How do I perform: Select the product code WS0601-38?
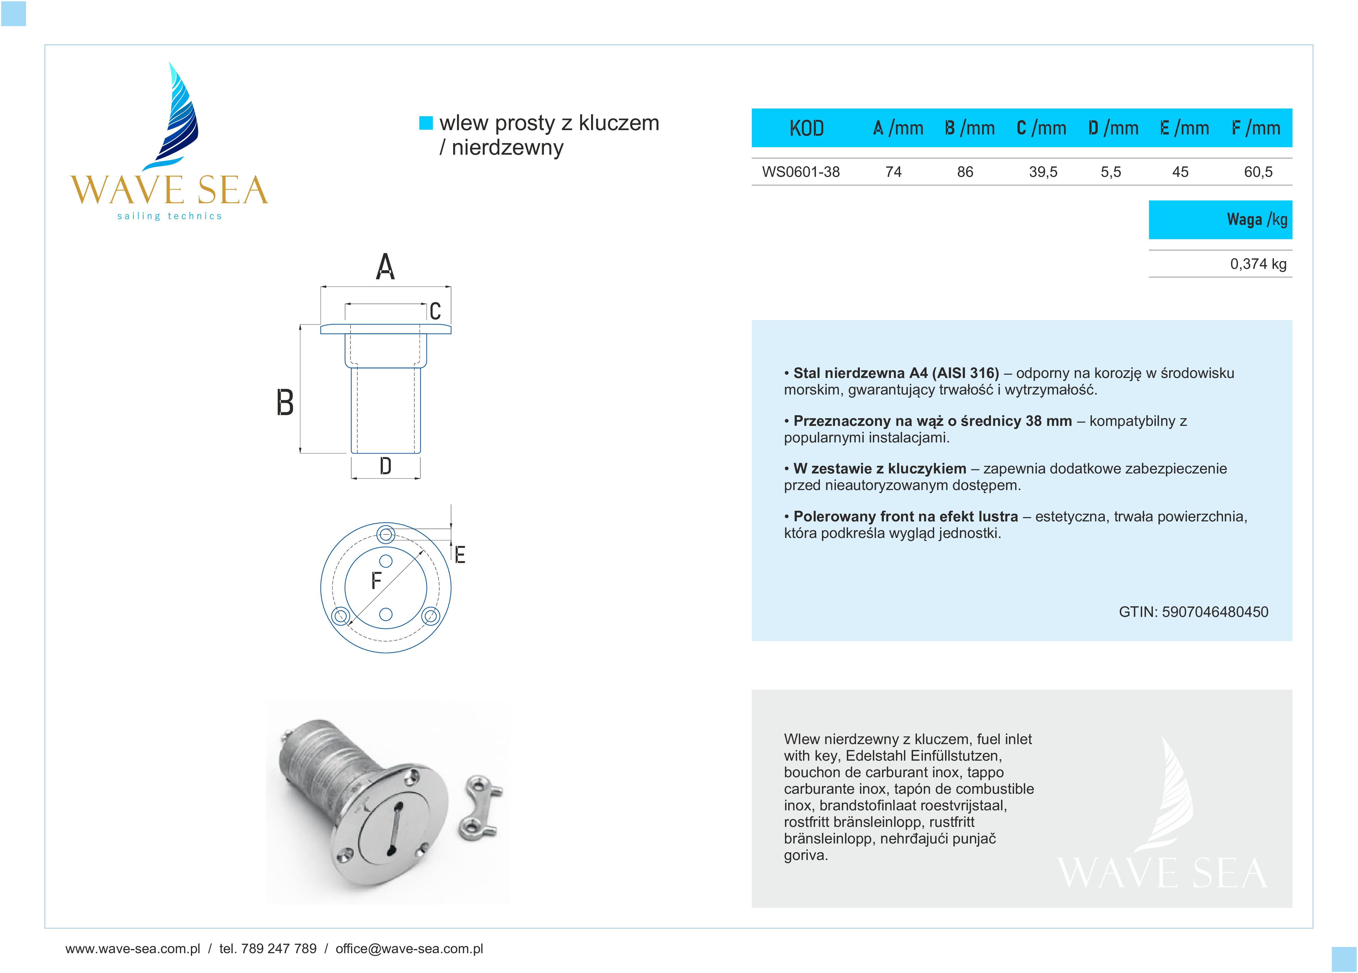click(x=801, y=172)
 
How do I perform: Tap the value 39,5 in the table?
click(x=1043, y=172)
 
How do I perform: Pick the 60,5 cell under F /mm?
click(x=1258, y=172)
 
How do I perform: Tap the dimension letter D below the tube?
click(x=386, y=466)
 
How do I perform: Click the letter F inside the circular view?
click(x=376, y=581)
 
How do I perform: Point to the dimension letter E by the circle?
click(x=460, y=555)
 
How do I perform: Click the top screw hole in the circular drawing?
click(x=386, y=534)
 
